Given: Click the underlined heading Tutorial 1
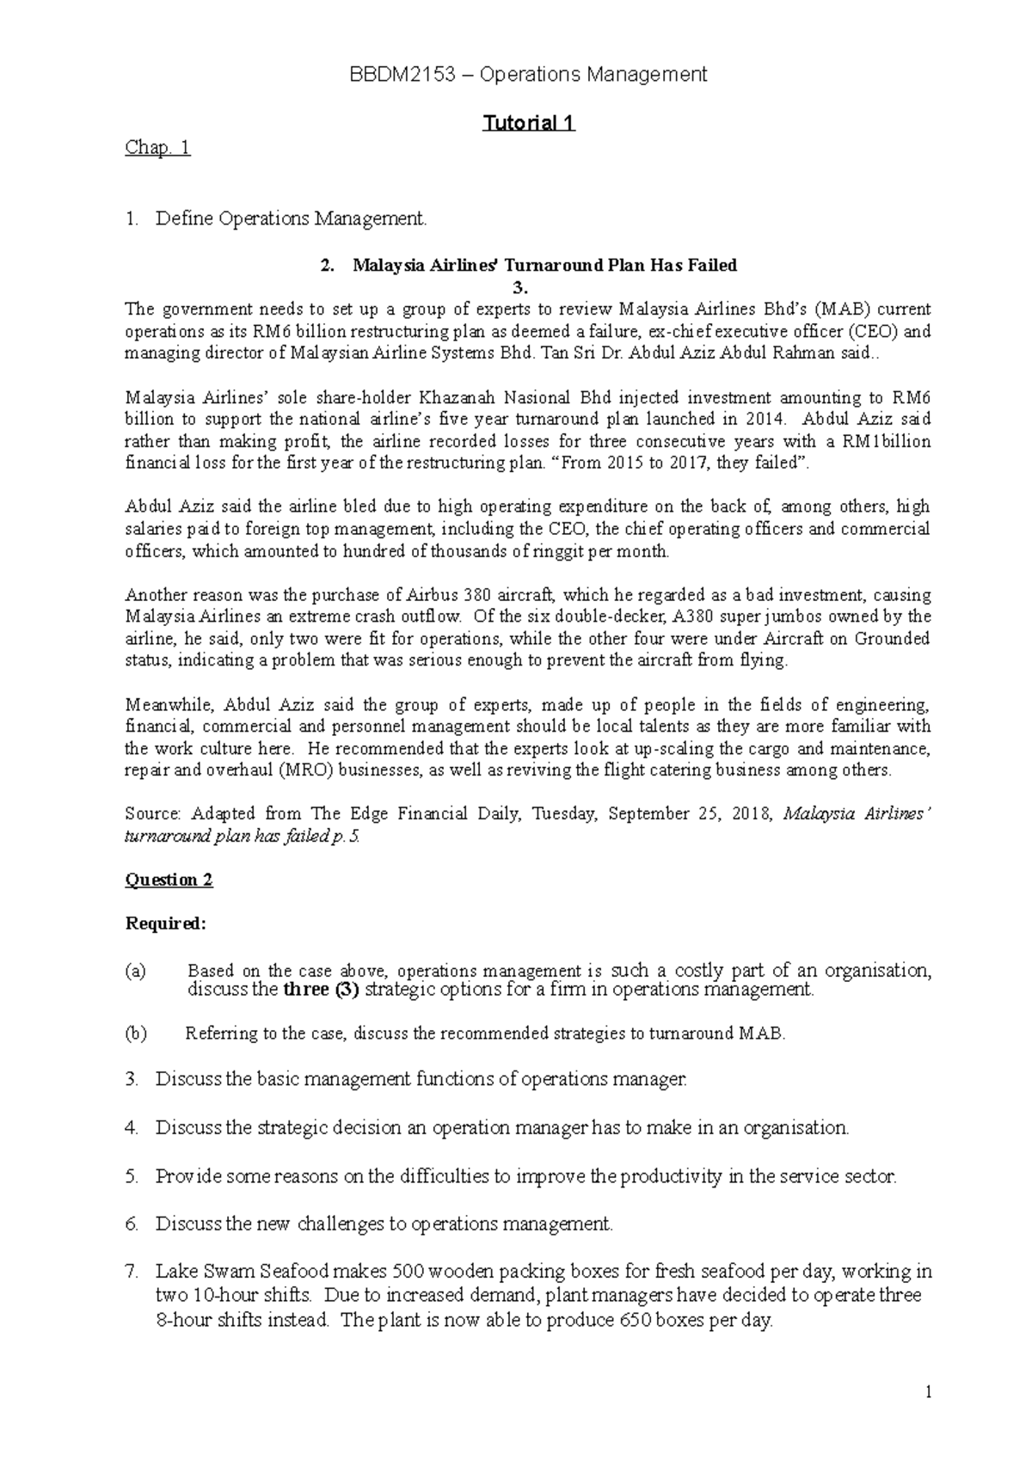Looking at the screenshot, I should click(x=528, y=123).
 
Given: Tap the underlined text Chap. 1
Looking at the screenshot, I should click(x=157, y=148).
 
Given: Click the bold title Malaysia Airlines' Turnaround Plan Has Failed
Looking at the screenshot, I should click(x=544, y=265).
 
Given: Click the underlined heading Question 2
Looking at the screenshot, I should click(x=169, y=880).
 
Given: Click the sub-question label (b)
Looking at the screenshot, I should click(x=136, y=1034).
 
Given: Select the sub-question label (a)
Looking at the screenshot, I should click(x=136, y=972).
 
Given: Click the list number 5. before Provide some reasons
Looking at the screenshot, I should click(x=132, y=1176).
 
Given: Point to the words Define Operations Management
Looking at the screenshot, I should click(x=291, y=219).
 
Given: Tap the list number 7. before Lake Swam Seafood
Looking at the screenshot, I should click(x=132, y=1271).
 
